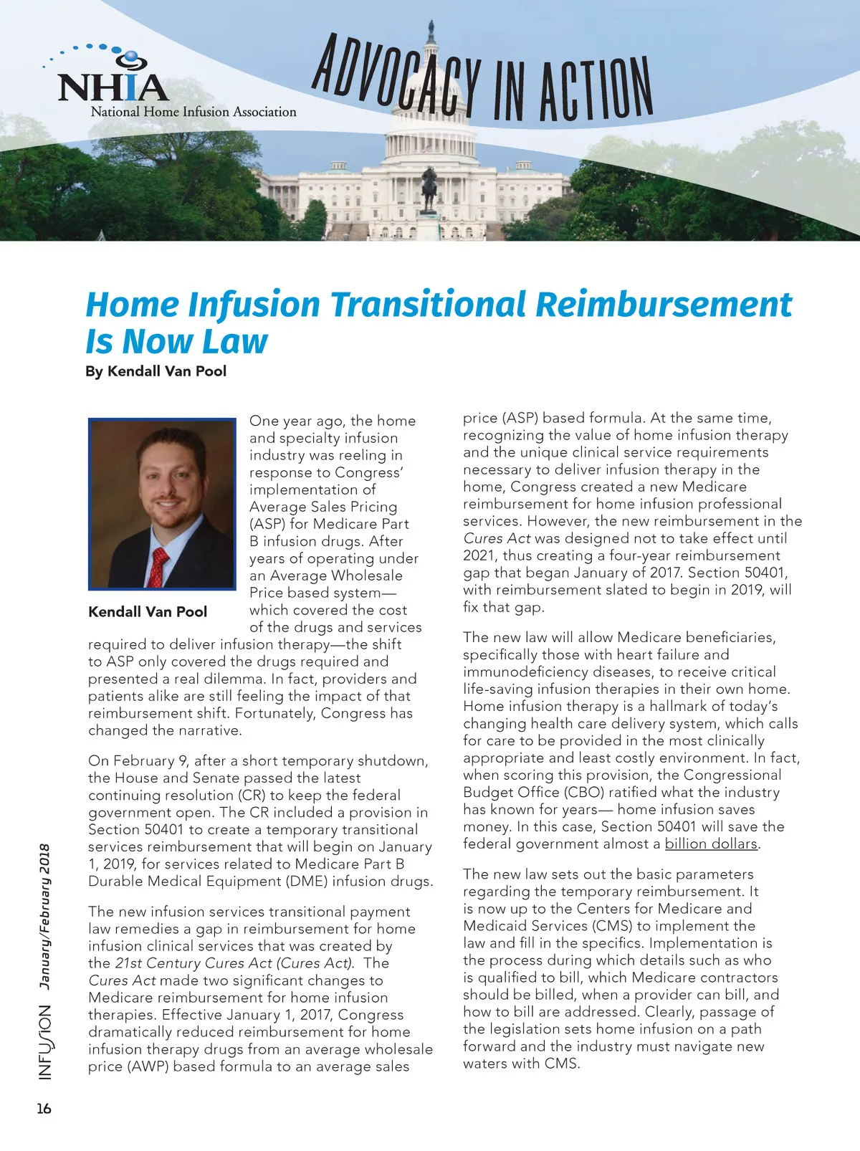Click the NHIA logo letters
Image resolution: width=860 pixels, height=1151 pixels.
113,87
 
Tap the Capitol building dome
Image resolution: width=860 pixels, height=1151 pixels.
430,79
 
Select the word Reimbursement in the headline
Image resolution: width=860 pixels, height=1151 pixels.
664,304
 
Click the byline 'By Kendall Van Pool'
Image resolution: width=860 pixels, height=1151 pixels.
156,371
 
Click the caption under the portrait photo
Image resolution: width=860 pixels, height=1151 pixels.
148,612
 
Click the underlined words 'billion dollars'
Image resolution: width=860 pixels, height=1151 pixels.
711,844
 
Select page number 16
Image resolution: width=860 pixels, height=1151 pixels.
44,1109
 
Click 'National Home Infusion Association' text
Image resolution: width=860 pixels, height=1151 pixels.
193,112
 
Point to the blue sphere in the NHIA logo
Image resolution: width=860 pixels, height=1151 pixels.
132,57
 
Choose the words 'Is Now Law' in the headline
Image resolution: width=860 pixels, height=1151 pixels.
176,341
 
